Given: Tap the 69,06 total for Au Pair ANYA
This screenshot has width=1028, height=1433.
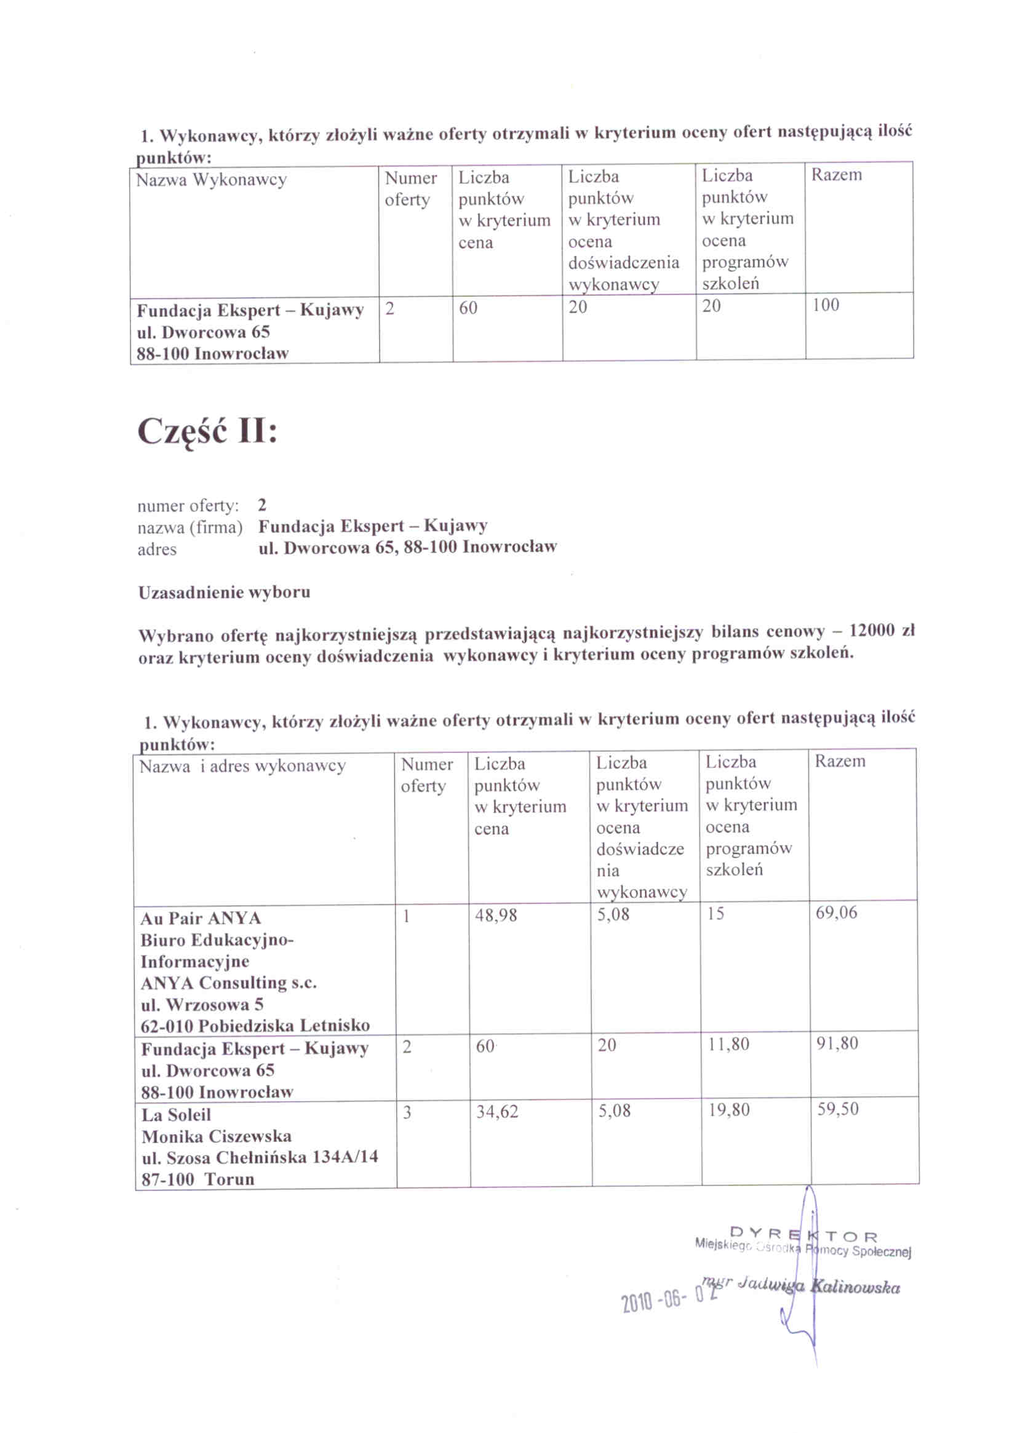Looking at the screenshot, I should (836, 912).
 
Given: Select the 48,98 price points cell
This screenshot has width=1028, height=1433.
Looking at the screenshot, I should (495, 915).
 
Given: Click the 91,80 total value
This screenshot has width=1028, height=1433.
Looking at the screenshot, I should (837, 1043).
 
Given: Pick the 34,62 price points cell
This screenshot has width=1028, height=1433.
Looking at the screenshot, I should (496, 1111).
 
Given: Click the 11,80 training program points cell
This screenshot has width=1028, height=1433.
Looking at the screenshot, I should (728, 1044).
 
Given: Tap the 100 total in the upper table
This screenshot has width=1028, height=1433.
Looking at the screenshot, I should (825, 305).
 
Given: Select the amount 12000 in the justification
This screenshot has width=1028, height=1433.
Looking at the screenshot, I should (871, 631).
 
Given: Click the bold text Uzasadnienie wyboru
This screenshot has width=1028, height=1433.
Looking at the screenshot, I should (225, 593).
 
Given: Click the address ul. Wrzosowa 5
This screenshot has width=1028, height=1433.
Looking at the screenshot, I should (202, 1005).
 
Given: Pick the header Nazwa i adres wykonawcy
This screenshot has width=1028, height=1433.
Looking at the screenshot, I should (242, 767).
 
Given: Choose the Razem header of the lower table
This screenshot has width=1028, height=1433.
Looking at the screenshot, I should (840, 760).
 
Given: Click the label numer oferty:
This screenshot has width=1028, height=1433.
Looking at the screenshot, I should (188, 506).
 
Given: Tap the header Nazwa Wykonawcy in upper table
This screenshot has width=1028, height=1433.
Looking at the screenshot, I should (211, 180).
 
